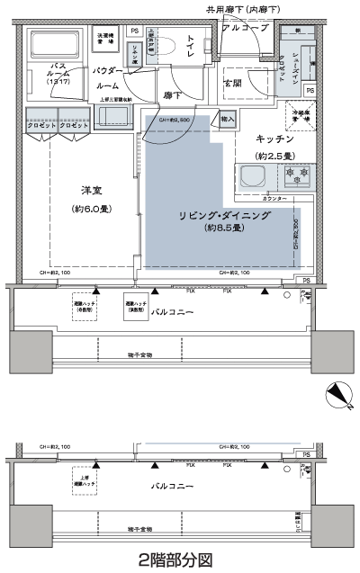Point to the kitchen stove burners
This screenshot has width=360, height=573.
[296, 175]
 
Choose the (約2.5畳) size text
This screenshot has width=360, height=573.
[274, 155]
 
